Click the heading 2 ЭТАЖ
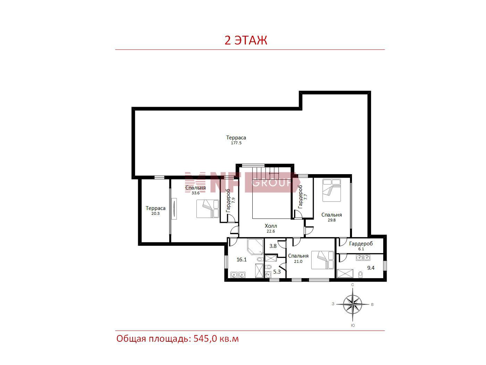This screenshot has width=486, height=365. pyautogui.click(x=246, y=40)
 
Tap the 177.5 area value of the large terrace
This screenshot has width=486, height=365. pyautogui.click(x=236, y=143)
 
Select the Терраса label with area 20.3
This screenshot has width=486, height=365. pyautogui.click(x=156, y=208)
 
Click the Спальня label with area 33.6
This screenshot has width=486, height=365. pyautogui.click(x=195, y=188)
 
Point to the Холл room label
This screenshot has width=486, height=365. pyautogui.click(x=270, y=226)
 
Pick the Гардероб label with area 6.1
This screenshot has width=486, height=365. pyautogui.click(x=361, y=244)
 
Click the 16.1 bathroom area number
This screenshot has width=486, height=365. pyautogui.click(x=242, y=260)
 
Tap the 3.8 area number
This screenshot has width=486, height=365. pyautogui.click(x=273, y=246)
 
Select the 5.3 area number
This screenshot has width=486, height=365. pyautogui.click(x=277, y=272)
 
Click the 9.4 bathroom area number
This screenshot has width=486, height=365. pyautogui.click(x=371, y=268)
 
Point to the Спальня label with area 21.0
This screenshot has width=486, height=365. pyautogui.click(x=298, y=256)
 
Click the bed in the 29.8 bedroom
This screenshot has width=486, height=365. pyautogui.click(x=332, y=190)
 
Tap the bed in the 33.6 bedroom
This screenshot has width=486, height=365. pyautogui.click(x=208, y=209)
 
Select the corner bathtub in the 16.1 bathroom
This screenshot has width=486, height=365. pyautogui.click(x=255, y=246)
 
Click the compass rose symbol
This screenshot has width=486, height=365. pyautogui.click(x=353, y=304)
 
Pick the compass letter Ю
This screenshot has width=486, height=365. pyautogui.click(x=353, y=325)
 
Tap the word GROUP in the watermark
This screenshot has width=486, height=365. pyautogui.click(x=271, y=183)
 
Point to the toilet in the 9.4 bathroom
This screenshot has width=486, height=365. pyautogui.click(x=360, y=275)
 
